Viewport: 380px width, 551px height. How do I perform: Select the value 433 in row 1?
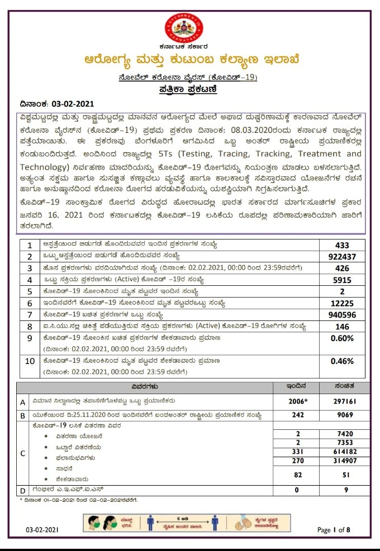click(x=342, y=245)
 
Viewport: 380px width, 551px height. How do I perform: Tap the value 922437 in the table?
click(x=342, y=257)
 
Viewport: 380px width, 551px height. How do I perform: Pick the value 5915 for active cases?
click(x=342, y=280)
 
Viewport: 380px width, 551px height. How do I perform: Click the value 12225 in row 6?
click(x=342, y=304)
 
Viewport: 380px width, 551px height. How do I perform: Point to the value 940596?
click(x=342, y=315)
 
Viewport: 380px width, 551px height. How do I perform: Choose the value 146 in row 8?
click(x=342, y=327)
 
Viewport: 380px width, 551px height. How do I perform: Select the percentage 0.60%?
click(x=342, y=338)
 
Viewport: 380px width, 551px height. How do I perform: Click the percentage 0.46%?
click(x=342, y=361)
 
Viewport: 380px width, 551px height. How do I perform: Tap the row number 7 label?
click(x=29, y=315)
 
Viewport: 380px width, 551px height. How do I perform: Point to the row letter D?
click(x=23, y=490)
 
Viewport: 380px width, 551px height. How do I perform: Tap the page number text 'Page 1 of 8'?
click(x=333, y=530)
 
